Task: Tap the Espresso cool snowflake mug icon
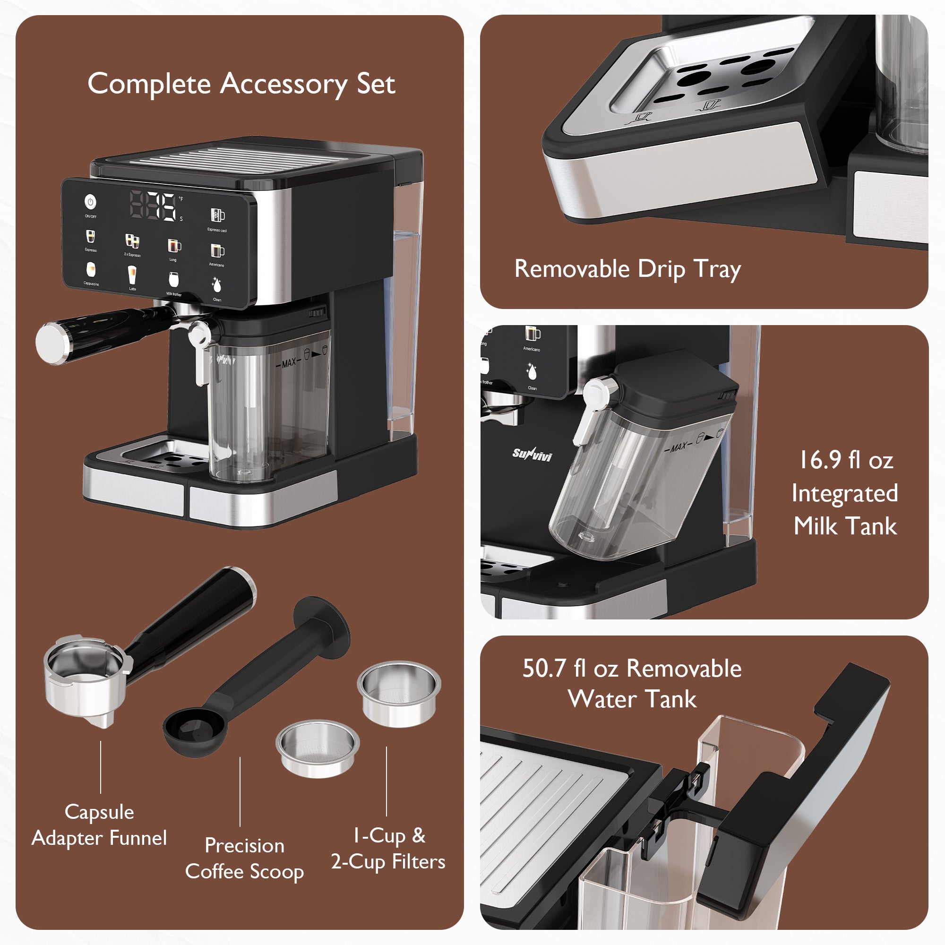click(217, 215)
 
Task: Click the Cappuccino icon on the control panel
click(91, 269)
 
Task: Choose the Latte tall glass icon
click(132, 275)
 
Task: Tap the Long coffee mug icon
click(173, 245)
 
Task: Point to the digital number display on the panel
click(153, 206)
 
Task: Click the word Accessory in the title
click(283, 84)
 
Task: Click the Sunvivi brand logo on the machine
click(532, 455)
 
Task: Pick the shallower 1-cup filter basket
click(318, 747)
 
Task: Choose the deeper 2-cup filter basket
click(399, 692)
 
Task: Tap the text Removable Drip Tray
click(627, 269)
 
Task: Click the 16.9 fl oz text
click(846, 460)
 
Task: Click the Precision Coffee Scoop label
click(244, 859)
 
